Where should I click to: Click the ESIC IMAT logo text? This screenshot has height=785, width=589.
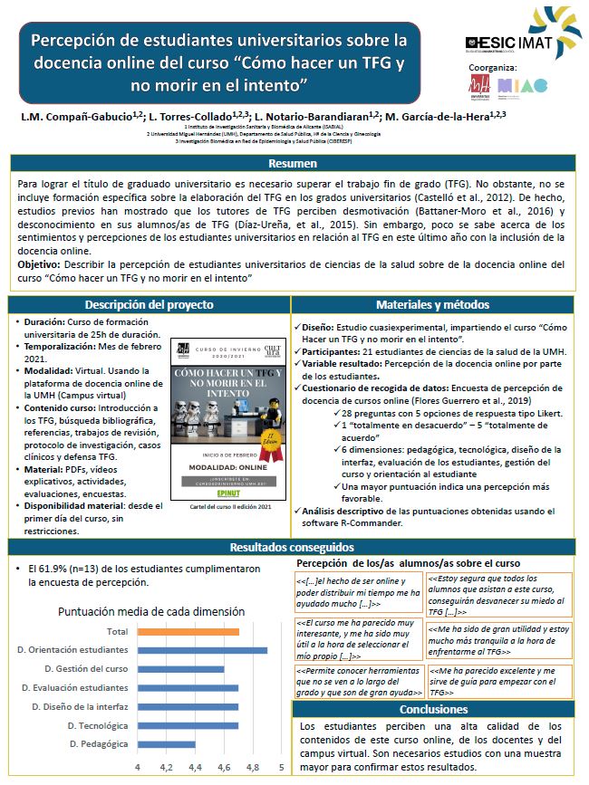510,42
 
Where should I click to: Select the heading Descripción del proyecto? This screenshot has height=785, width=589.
150,304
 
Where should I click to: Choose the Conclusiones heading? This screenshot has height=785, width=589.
432,709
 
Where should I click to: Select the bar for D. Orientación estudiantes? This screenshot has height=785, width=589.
202,650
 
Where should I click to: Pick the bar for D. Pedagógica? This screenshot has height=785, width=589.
166,744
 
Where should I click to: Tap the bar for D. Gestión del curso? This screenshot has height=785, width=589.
180,669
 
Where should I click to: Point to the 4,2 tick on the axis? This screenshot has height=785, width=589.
167,768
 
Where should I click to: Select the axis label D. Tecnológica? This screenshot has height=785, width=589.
98,725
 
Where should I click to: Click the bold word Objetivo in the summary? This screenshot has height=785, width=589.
39,263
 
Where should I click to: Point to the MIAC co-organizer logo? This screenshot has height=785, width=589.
523,86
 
